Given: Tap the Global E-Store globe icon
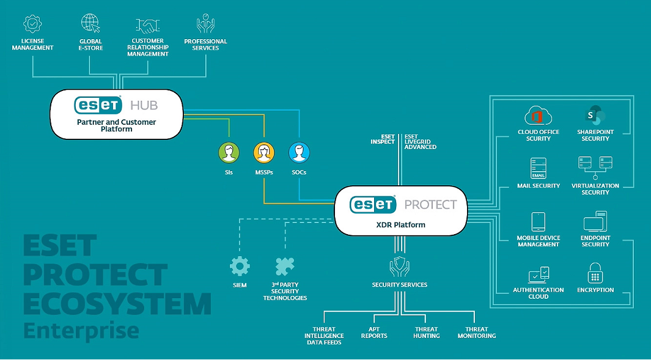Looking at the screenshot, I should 90,24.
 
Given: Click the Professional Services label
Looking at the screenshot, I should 205,45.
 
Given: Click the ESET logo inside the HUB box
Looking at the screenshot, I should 98,105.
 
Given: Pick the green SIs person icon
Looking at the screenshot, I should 229,153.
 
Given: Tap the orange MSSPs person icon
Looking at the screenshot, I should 264,153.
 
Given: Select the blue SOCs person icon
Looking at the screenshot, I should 299,153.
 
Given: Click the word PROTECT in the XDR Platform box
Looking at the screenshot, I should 430,205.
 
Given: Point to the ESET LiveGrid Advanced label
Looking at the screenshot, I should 420,142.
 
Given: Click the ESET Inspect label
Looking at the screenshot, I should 383,139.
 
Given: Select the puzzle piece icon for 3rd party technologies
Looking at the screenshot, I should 284,266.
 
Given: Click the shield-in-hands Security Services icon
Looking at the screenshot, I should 399,267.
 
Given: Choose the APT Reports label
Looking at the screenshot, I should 374,332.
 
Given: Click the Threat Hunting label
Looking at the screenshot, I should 426,332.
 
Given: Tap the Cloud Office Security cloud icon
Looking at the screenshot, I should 538,116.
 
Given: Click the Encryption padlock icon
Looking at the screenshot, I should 595,273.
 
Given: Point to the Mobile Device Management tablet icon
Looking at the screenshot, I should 538,221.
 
